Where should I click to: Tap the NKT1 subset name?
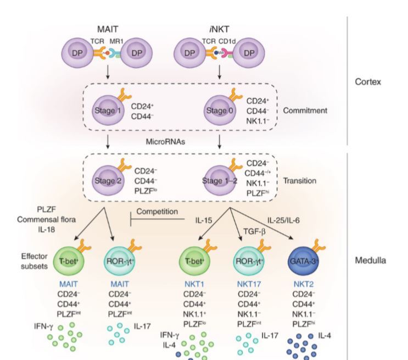pos(195,285)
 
